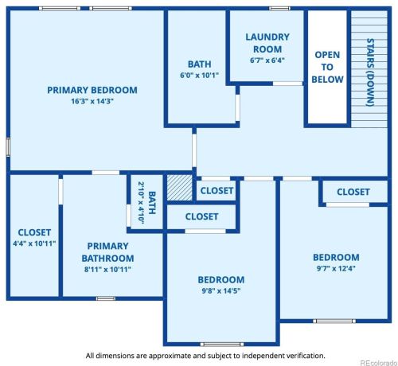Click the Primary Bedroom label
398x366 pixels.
click(92, 90)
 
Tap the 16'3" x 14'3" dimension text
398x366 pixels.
click(92, 101)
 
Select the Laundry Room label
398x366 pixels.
click(267, 43)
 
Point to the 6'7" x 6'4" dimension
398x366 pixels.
click(267, 60)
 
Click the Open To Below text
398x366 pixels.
click(327, 67)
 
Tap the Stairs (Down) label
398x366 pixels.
click(370, 72)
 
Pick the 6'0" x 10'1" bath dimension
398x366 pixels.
click(199, 76)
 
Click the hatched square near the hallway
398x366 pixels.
click(179, 188)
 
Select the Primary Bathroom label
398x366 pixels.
click(107, 252)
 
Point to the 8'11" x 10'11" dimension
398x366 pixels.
click(107, 270)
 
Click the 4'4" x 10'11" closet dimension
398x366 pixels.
click(34, 243)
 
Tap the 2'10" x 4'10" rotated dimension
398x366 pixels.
click(141, 203)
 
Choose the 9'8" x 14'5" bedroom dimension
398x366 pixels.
click(221, 291)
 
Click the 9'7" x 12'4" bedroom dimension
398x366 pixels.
click(336, 268)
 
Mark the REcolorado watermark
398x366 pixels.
click(379, 363)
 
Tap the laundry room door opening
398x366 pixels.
click(288, 84)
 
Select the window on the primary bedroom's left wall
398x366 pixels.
click(8, 147)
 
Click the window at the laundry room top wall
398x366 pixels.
click(279, 9)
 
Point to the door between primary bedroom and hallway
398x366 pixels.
click(194, 150)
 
